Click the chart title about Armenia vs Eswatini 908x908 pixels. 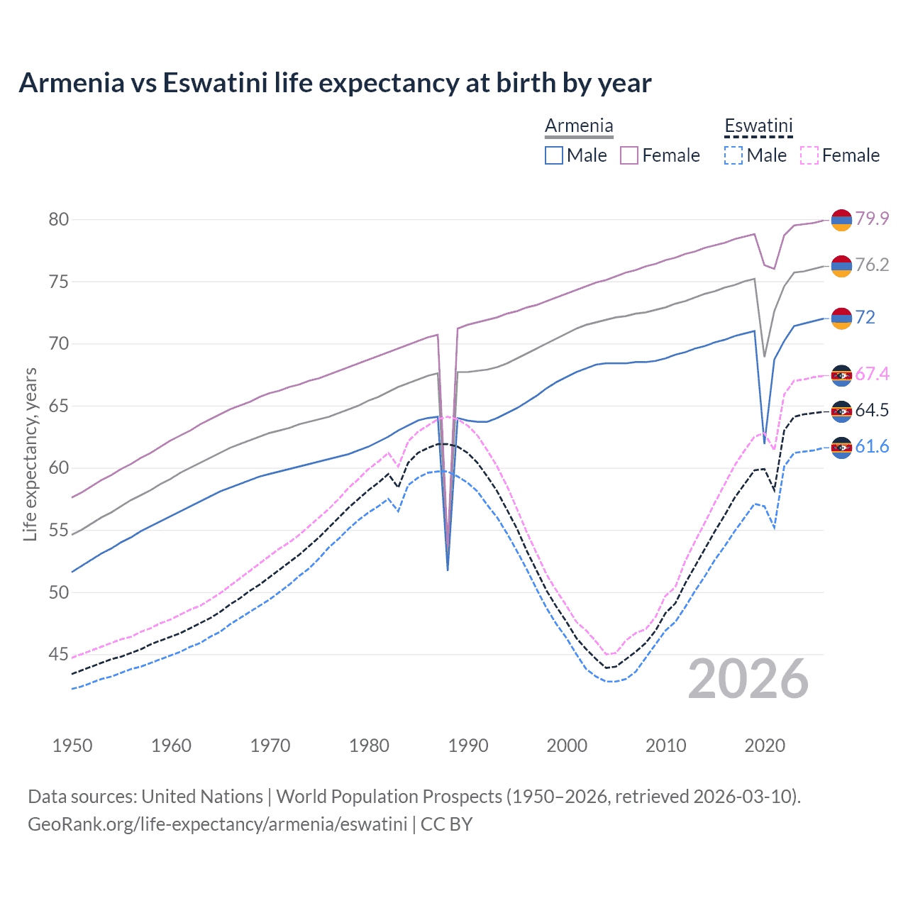coord(335,83)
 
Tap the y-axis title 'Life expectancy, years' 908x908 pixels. coord(30,454)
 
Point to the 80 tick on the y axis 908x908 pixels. coord(59,219)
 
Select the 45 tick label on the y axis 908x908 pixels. coord(59,654)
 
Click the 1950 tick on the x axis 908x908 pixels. coord(72,746)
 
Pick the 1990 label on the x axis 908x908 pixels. coord(468,746)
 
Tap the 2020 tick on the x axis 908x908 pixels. coord(765,746)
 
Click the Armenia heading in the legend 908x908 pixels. coord(579,126)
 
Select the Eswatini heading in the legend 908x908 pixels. coord(758,126)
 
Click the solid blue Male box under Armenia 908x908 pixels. coord(554,155)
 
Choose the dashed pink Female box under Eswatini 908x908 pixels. coord(809,155)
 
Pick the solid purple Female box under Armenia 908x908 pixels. coord(629,155)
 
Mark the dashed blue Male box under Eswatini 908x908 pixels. coord(733,155)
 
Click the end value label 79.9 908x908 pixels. coord(872,218)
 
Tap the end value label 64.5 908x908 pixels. coord(872,411)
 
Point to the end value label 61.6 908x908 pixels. coord(872,447)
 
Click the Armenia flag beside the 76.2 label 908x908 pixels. coord(841,265)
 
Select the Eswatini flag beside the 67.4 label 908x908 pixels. coord(841,375)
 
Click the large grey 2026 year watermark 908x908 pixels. coord(748,679)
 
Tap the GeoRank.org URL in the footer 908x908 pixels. coord(217,824)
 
